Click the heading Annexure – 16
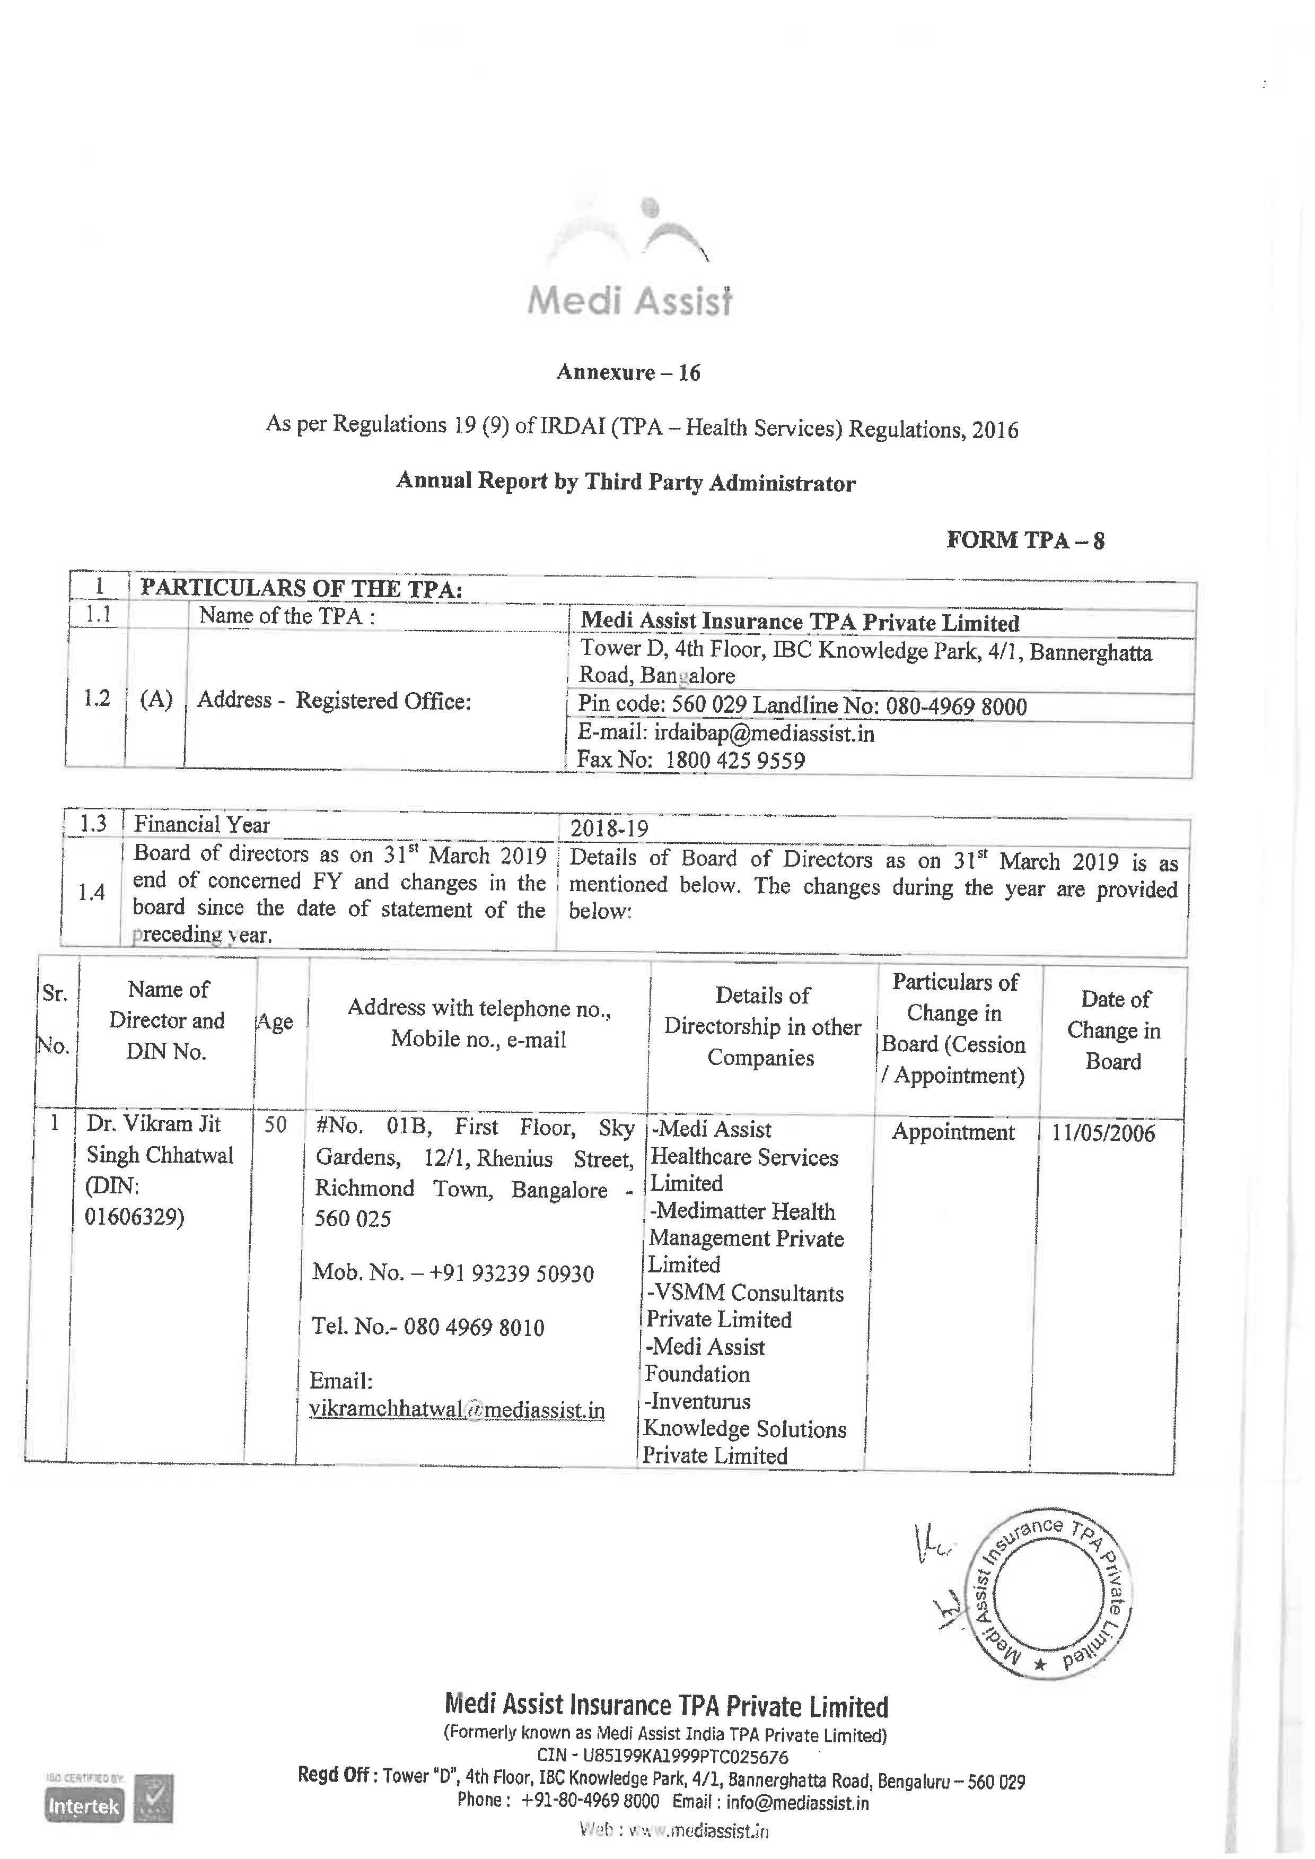pyautogui.click(x=628, y=373)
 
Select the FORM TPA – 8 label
pyautogui.click(x=1025, y=540)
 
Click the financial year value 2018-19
pyautogui.click(x=609, y=828)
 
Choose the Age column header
pyautogui.click(x=275, y=1022)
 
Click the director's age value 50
pyautogui.click(x=275, y=1125)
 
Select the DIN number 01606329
pyautogui.click(x=134, y=1217)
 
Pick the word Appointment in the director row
pyautogui.click(x=953, y=1132)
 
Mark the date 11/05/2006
pyautogui.click(x=1103, y=1133)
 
